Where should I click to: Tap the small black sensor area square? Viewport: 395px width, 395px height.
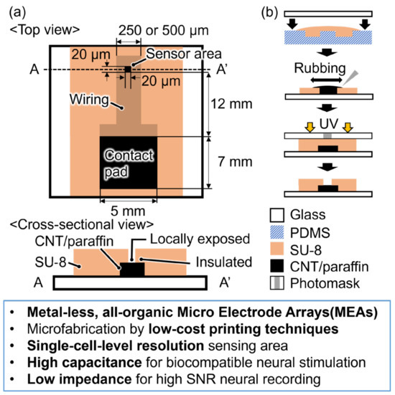(127, 69)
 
